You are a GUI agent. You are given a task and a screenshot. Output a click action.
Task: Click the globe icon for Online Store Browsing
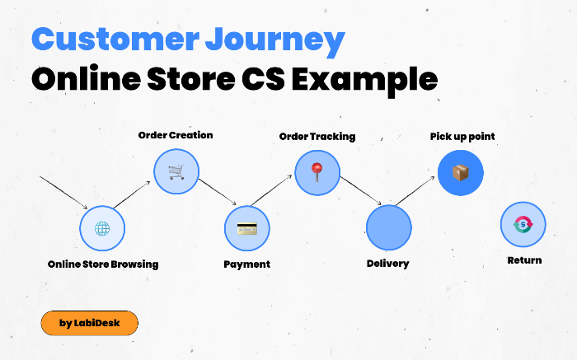pyautogui.click(x=102, y=228)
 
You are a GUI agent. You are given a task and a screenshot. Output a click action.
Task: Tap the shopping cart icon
pyautogui.click(x=176, y=171)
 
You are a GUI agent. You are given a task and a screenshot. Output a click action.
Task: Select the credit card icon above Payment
pyautogui.click(x=247, y=228)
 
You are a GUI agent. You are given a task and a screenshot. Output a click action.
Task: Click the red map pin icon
pyautogui.click(x=317, y=171)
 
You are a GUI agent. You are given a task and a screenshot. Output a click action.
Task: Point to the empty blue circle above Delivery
pyautogui.click(x=388, y=228)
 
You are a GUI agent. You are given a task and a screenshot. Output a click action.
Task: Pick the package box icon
pyautogui.click(x=460, y=173)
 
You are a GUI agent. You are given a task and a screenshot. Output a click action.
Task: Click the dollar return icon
pyautogui.click(x=523, y=224)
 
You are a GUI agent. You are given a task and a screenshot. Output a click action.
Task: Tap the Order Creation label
pyautogui.click(x=176, y=135)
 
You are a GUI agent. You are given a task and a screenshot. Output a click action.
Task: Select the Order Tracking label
pyautogui.click(x=317, y=136)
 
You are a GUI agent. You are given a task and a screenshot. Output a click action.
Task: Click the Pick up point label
pyautogui.click(x=462, y=136)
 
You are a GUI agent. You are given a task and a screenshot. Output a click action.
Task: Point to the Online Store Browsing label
pyautogui.click(x=103, y=264)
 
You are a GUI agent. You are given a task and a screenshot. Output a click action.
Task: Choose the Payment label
pyautogui.click(x=247, y=264)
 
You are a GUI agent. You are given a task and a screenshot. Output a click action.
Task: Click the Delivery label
pyautogui.click(x=387, y=264)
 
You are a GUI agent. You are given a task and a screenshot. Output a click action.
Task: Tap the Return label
pyautogui.click(x=524, y=260)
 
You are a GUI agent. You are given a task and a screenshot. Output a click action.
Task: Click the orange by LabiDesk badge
pyautogui.click(x=89, y=323)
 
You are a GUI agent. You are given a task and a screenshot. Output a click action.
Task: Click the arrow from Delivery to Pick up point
pyautogui.click(x=415, y=192)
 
